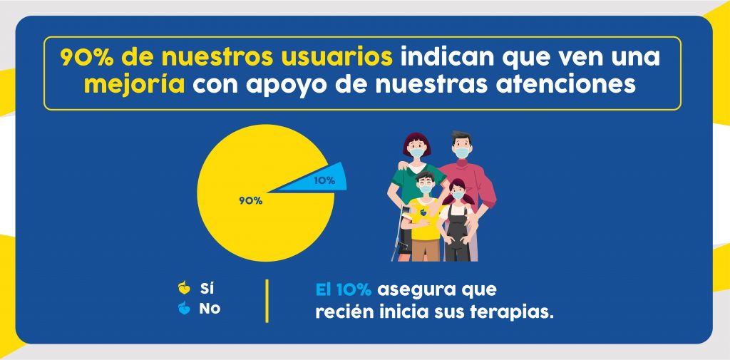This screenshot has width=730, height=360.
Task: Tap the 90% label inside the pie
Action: point(250,201)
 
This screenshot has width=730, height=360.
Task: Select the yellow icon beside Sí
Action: point(183,289)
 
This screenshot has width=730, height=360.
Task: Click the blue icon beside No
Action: point(183,309)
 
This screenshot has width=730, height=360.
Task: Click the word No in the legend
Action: point(209,309)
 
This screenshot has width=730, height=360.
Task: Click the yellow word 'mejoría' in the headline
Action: point(135,85)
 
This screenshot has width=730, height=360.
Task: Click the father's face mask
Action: point(463,152)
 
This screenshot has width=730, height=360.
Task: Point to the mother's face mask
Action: point(416,151)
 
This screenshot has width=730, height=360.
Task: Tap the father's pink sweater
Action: point(471,178)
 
